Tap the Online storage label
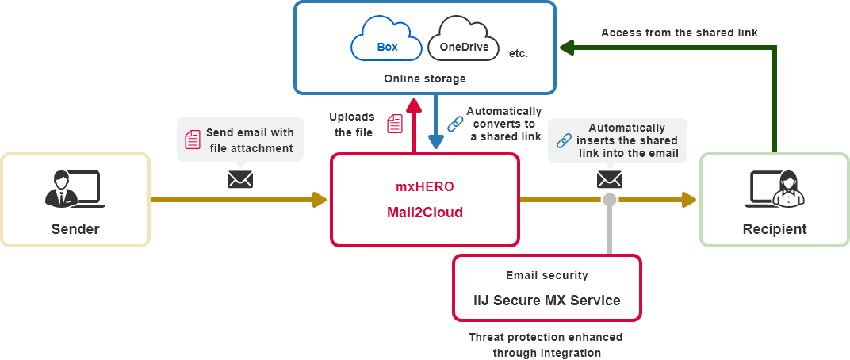click(x=424, y=79)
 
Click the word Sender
click(x=75, y=229)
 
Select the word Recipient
click(x=775, y=229)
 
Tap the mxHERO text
click(x=424, y=189)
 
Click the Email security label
click(x=547, y=275)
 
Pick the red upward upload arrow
click(x=412, y=124)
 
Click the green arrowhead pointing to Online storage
click(x=565, y=49)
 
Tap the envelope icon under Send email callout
click(x=239, y=179)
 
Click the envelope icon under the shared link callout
click(x=609, y=179)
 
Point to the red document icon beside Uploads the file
click(x=394, y=123)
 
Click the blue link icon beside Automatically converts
click(x=455, y=124)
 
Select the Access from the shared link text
click(x=680, y=33)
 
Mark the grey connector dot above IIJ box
click(x=609, y=198)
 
